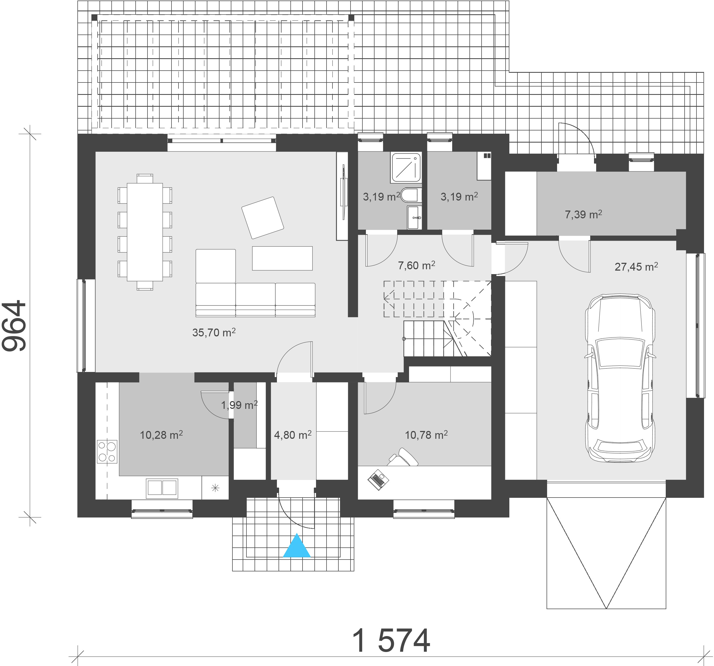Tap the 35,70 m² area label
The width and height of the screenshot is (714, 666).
point(214,333)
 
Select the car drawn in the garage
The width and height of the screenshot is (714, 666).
point(620,378)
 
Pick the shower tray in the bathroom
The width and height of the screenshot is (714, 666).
point(406,167)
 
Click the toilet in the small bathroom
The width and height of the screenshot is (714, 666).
point(411,195)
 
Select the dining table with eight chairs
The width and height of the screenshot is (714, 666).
point(145,232)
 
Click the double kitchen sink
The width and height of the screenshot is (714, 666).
point(162,488)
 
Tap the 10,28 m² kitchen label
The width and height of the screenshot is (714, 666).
point(161,435)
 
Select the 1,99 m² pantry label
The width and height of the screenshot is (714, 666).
point(239,405)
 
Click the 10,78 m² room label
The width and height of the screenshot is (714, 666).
point(426,435)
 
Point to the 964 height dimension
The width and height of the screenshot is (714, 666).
point(14,326)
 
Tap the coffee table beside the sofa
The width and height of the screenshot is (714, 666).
point(282,258)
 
